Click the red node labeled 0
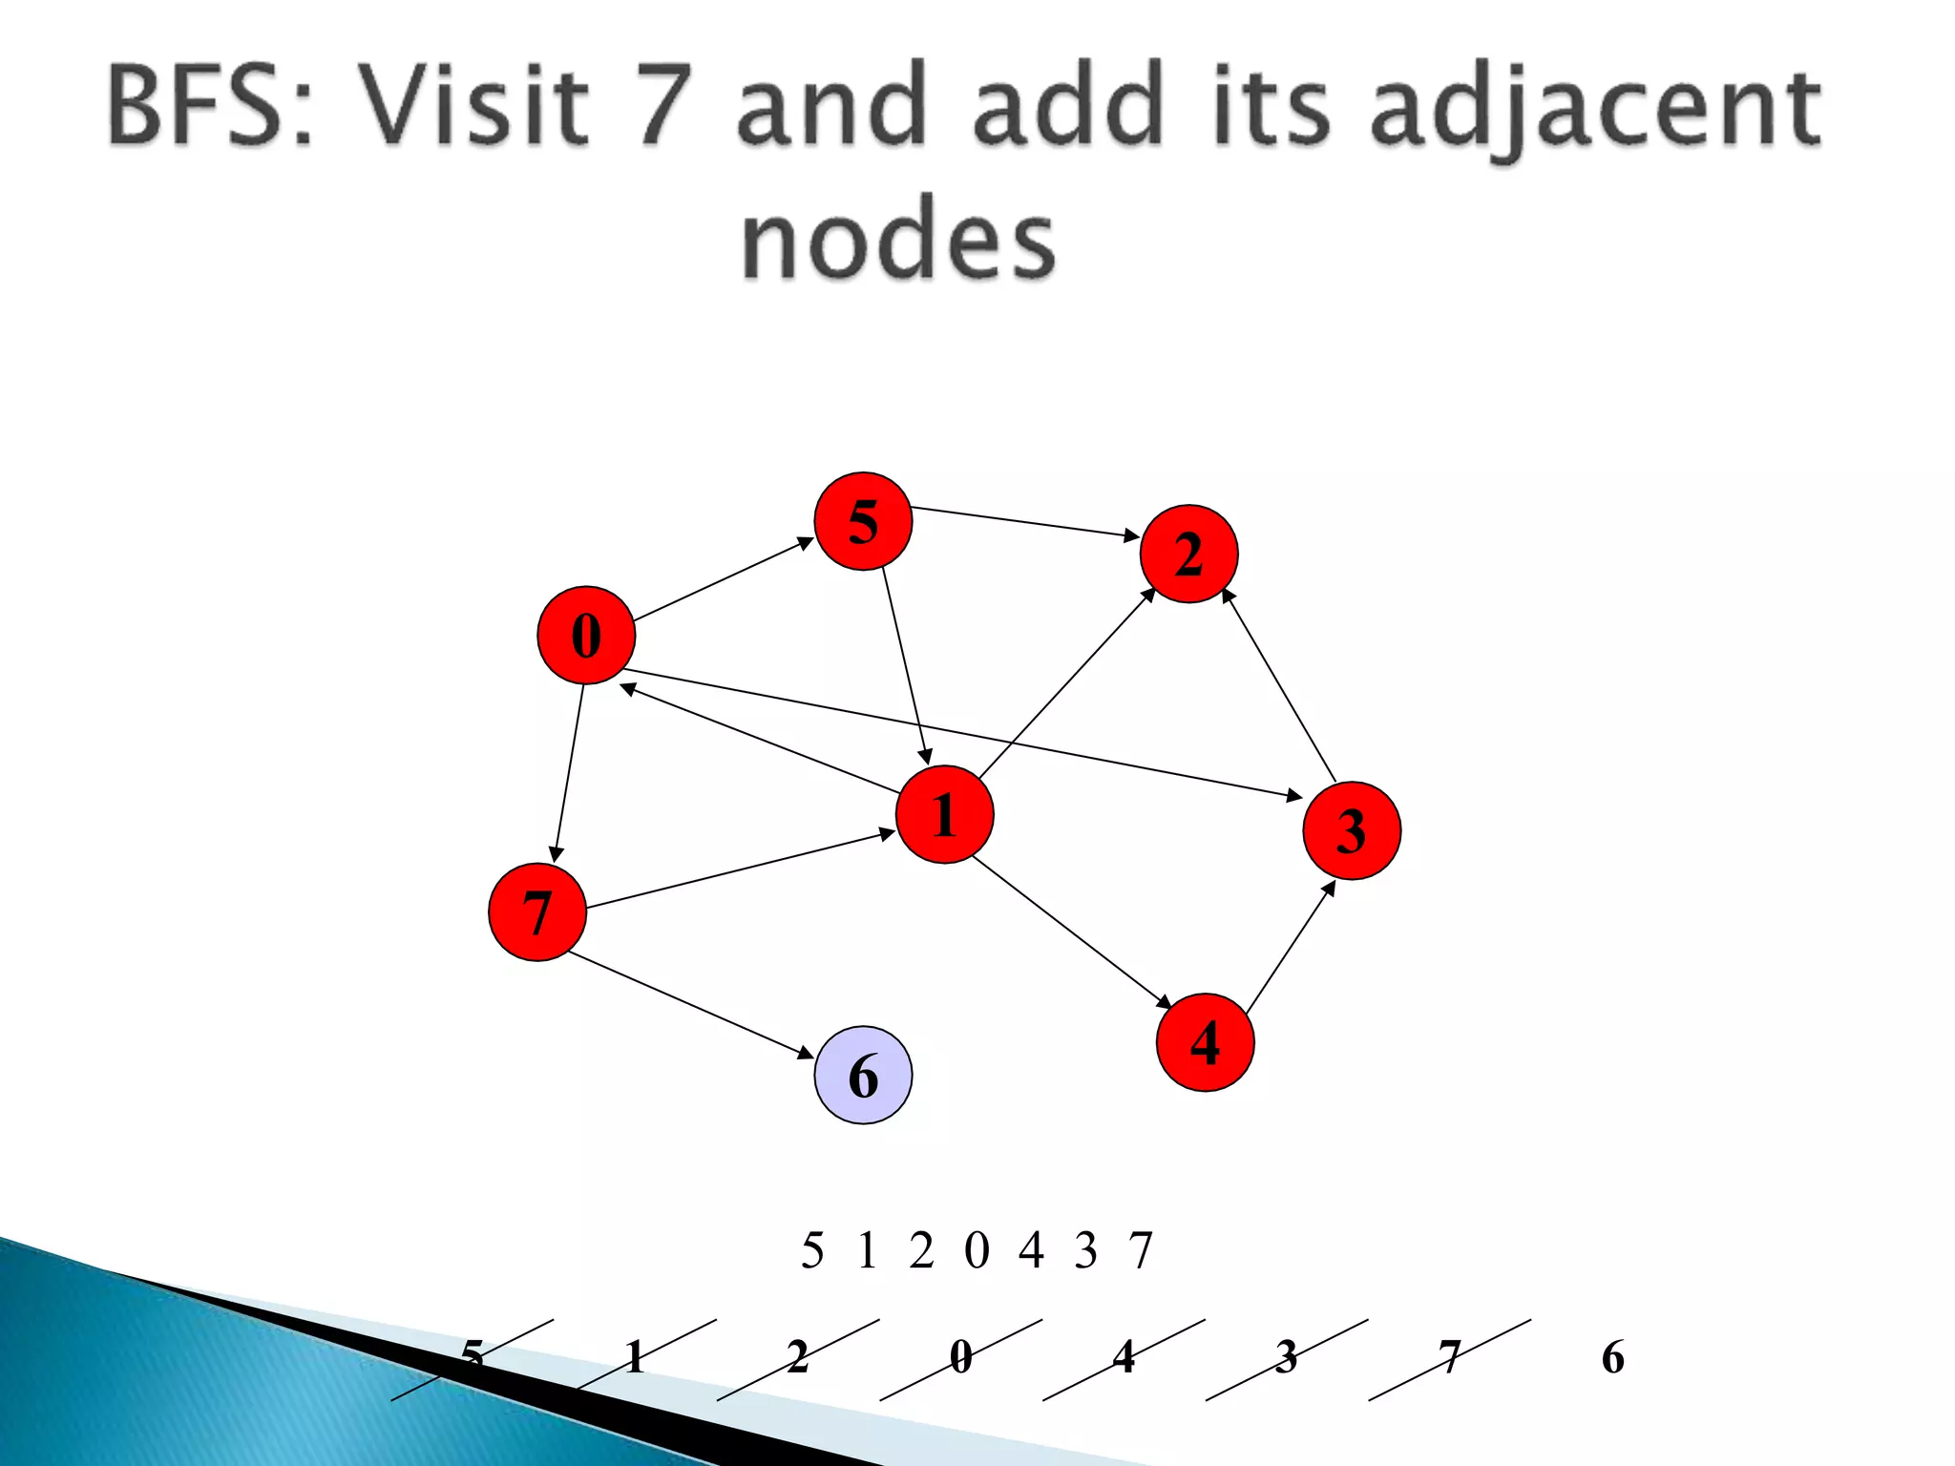click(x=586, y=636)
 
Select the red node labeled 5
click(x=863, y=521)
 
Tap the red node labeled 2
click(x=1188, y=554)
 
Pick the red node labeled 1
click(x=944, y=814)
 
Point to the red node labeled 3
click(x=1352, y=830)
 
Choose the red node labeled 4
click(x=1205, y=1042)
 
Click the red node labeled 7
click(x=536, y=912)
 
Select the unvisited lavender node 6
click(x=863, y=1076)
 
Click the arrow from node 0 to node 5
click(x=724, y=579)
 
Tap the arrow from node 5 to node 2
click(x=1024, y=522)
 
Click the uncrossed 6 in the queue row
click(x=1612, y=1357)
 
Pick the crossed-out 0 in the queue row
click(x=960, y=1357)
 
